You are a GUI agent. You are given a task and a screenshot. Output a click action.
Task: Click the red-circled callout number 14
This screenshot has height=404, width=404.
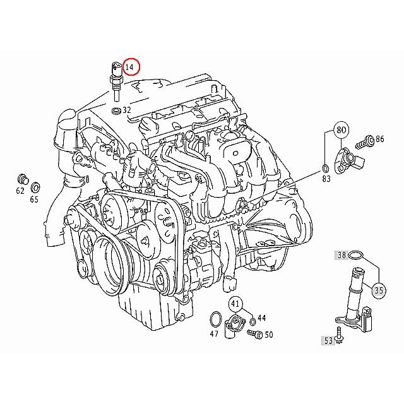(x=131, y=66)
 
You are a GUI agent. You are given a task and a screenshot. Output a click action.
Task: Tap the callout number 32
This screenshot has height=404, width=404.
(x=127, y=110)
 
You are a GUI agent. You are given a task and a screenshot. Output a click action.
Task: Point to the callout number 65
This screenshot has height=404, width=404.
(x=34, y=199)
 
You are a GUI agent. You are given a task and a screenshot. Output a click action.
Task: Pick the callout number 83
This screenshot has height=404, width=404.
(x=326, y=179)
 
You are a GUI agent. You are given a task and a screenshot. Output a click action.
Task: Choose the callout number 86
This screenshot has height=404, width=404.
(x=379, y=138)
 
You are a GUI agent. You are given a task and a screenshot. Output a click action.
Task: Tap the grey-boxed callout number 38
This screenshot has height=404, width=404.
(x=342, y=256)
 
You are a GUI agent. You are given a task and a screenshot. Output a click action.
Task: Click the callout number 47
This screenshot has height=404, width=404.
(x=214, y=333)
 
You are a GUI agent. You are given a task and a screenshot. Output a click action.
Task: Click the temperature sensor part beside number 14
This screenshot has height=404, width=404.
(x=116, y=79)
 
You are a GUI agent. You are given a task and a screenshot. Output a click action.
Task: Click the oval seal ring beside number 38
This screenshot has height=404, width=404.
(x=357, y=256)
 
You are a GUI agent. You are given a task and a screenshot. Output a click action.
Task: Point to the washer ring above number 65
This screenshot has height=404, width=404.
(x=35, y=187)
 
